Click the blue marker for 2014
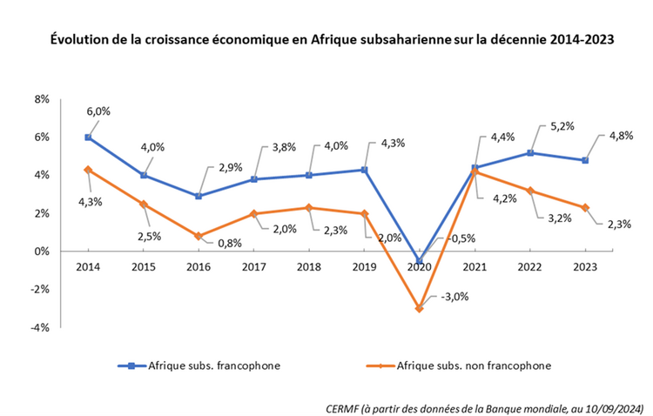88,137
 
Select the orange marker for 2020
420,308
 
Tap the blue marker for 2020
420,260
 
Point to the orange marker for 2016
199,236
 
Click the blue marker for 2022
530,152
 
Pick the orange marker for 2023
585,207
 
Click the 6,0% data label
99,111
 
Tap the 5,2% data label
562,127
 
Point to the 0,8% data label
229,243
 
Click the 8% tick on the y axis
42,99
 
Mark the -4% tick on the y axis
40,328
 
